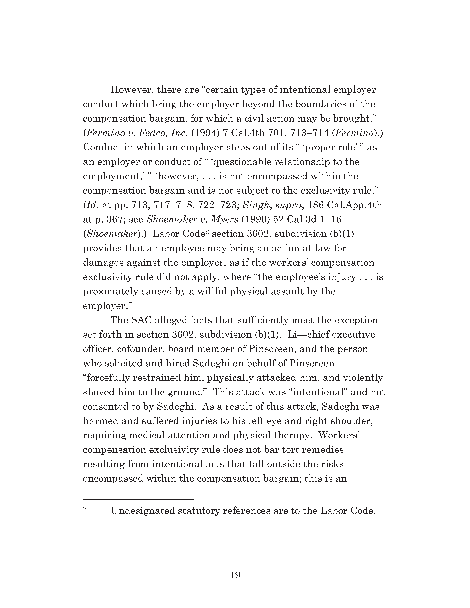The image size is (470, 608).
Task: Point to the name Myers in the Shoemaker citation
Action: (x=224, y=220)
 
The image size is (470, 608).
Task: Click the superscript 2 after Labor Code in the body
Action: (x=207, y=232)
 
